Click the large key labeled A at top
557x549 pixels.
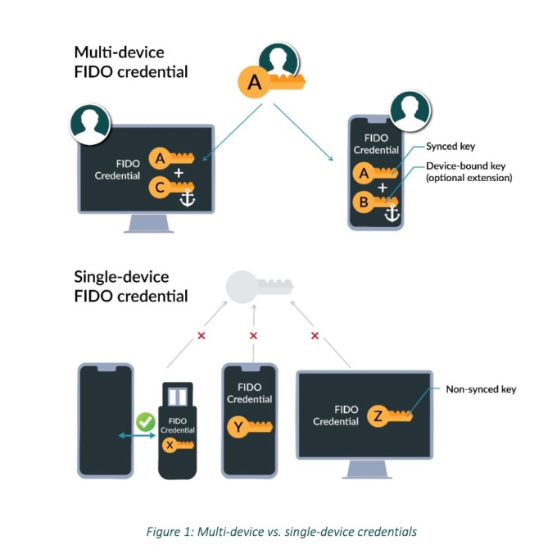270,83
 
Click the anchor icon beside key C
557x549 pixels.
188,198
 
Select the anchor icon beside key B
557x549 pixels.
391,213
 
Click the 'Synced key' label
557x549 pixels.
450,147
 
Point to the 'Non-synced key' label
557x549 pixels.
481,390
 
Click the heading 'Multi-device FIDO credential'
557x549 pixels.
131,61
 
